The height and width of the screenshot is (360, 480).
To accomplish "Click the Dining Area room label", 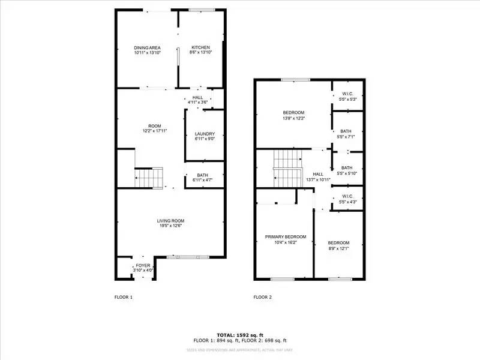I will (x=147, y=48).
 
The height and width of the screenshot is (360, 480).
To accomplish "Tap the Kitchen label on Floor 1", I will (x=201, y=48).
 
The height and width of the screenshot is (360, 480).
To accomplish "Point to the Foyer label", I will (x=143, y=265).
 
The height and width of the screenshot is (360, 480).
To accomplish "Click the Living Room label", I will (x=170, y=221).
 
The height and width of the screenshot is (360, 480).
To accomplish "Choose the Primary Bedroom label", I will (x=286, y=237).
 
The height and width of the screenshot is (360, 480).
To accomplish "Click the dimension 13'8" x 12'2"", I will (x=294, y=118).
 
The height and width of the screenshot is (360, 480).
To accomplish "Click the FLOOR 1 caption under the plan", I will (x=124, y=297).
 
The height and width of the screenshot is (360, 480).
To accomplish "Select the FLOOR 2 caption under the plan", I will (x=263, y=297).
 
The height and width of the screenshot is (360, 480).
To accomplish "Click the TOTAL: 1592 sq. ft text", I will (x=240, y=334).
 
